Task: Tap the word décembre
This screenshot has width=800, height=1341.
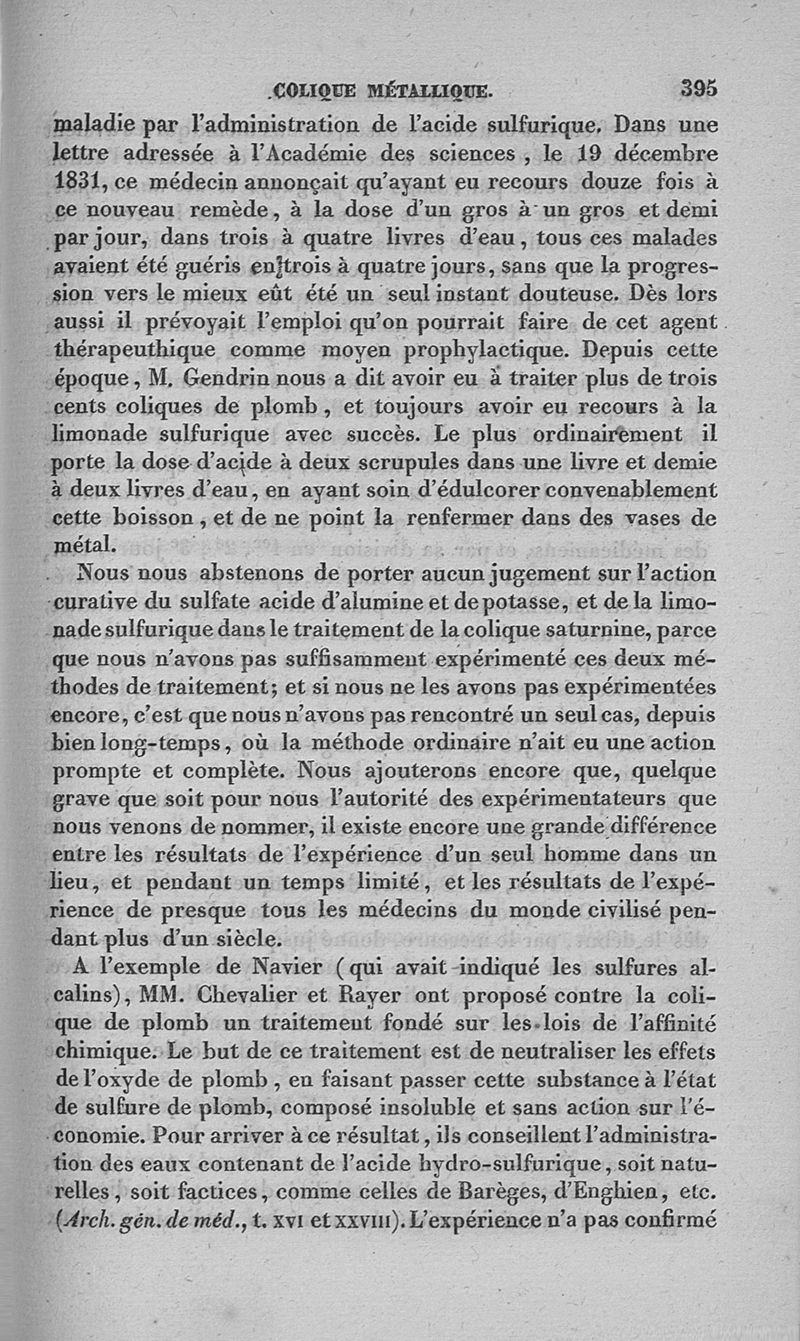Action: coord(662,156)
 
